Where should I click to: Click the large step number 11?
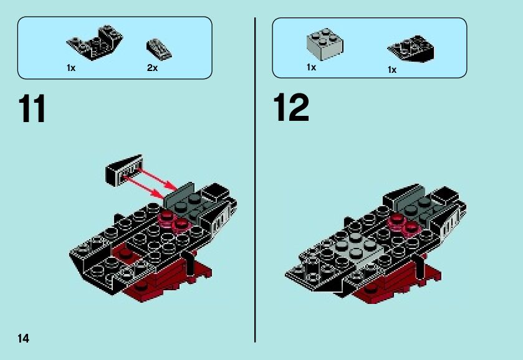[x=32, y=110]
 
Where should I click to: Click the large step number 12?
[x=290, y=108]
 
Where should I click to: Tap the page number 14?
[x=23, y=338]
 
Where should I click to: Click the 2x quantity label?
[x=152, y=68]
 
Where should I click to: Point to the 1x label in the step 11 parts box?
[x=71, y=68]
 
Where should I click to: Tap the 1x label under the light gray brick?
[x=311, y=67]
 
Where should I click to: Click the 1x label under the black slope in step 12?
[x=391, y=70]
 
